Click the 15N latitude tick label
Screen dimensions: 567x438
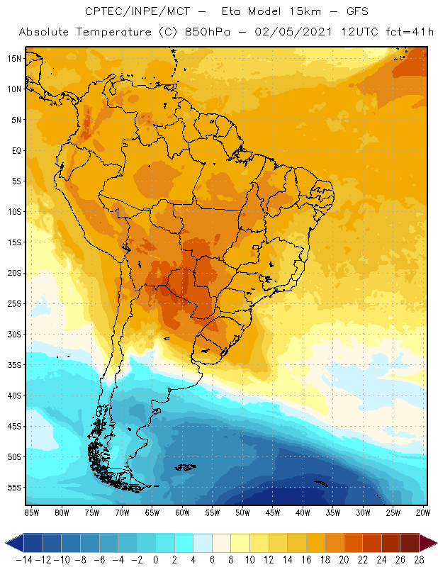click(x=13, y=58)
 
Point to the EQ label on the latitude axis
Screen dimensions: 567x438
click(x=15, y=150)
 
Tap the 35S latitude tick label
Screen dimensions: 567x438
click(x=13, y=365)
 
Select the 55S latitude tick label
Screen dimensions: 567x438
click(x=13, y=488)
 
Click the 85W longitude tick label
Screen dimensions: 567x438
click(x=31, y=512)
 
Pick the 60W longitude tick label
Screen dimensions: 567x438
click(x=182, y=512)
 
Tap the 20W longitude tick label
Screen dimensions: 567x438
click(x=423, y=512)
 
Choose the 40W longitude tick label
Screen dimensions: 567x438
click(x=303, y=512)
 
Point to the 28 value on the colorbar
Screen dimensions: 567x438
click(x=418, y=560)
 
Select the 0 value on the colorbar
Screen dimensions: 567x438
click(x=155, y=560)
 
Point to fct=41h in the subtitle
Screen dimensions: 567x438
click(x=409, y=33)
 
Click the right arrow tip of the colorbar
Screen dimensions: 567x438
click(x=433, y=543)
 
